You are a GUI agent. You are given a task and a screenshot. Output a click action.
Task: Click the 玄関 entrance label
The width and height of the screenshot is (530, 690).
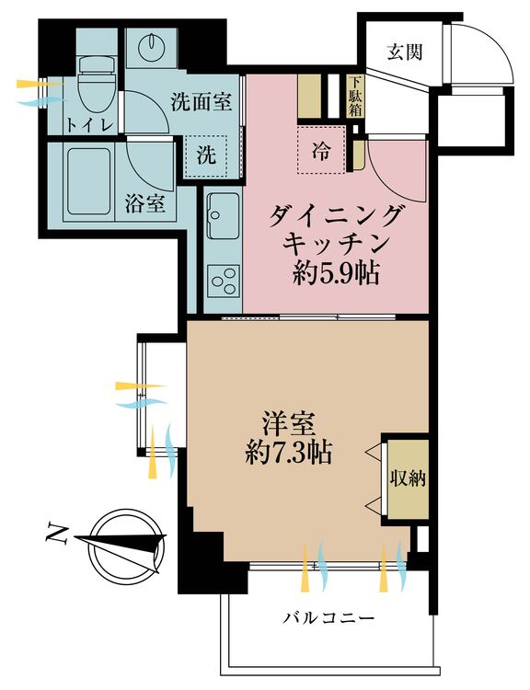[x=405, y=52]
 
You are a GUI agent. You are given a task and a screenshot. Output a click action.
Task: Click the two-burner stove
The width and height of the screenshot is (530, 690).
[x=222, y=279]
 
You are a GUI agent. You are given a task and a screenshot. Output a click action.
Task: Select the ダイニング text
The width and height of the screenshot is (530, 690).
[x=337, y=217]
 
